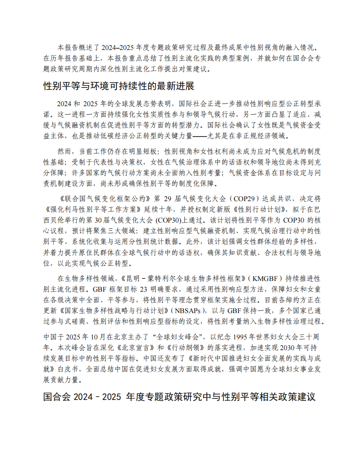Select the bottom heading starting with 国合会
tap(179, 397)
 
